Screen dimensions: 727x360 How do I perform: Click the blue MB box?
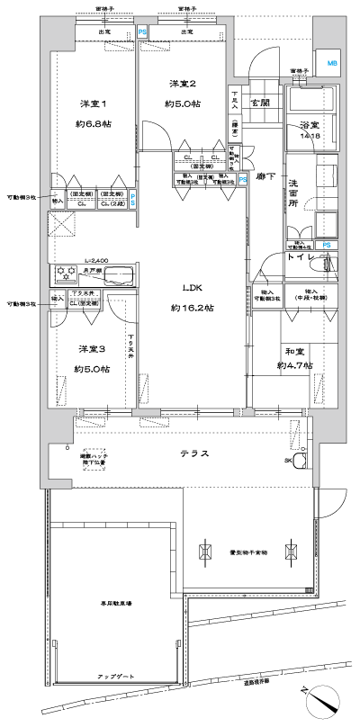(x=332, y=63)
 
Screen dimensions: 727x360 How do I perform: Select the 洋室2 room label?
(x=183, y=84)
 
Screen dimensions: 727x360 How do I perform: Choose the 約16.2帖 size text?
(x=192, y=308)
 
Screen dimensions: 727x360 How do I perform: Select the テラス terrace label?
(x=193, y=453)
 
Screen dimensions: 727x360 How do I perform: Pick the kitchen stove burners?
(x=67, y=273)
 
